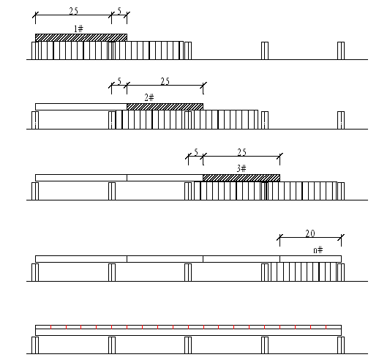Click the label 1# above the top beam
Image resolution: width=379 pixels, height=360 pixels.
click(78, 29)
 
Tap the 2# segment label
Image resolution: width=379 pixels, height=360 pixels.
click(149, 98)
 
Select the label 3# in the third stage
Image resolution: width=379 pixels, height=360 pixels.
click(241, 168)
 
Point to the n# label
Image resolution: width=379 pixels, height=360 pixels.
click(318, 250)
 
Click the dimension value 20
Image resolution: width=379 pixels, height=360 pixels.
click(310, 233)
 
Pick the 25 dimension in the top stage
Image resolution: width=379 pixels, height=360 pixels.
click(73, 11)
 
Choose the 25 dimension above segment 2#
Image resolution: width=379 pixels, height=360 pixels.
click(165, 81)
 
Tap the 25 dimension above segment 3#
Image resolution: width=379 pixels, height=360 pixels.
click(241, 152)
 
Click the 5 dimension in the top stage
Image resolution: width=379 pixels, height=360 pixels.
click(119, 11)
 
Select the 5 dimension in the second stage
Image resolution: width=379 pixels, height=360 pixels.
click(119, 81)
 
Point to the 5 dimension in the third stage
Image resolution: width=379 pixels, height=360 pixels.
click(196, 152)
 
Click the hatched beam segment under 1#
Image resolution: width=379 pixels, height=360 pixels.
click(81, 37)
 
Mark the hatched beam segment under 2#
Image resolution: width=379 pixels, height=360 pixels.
click(165, 107)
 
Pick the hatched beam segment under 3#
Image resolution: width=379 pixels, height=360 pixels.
click(241, 178)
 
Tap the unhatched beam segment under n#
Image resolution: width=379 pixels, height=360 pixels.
click(310, 259)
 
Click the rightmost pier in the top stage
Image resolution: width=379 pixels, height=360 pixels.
click(341, 50)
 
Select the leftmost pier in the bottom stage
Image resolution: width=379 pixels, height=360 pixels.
click(35, 345)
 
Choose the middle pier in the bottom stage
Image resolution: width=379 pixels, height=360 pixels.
click(188, 345)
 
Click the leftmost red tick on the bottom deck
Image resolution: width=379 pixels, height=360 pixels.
click(50, 327)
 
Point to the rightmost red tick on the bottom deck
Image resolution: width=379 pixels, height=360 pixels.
click(326, 327)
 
